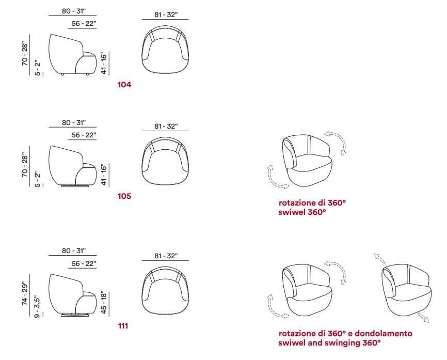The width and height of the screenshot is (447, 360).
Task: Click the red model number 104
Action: pyautogui.click(x=124, y=85)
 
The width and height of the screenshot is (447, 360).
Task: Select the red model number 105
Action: pyautogui.click(x=124, y=196)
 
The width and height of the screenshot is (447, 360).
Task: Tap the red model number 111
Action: pyautogui.click(x=123, y=326)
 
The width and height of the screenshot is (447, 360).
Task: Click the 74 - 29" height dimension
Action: pyautogui.click(x=25, y=294)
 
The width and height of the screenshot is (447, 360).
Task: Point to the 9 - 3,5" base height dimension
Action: pyautogui.click(x=37, y=307)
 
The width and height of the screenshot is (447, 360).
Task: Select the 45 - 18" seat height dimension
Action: pyautogui.click(x=104, y=302)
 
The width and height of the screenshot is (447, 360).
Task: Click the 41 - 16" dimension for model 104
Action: pyautogui.click(x=104, y=63)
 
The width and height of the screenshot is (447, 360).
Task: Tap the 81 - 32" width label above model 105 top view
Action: pyautogui.click(x=166, y=126)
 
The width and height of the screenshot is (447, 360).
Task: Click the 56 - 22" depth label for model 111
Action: pyautogui.click(x=84, y=263)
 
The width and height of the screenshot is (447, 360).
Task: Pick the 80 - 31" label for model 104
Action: pyautogui.click(x=74, y=11)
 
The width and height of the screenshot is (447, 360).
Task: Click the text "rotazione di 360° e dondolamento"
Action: pyautogui.click(x=345, y=333)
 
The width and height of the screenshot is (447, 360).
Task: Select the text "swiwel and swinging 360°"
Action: pyautogui.click(x=329, y=342)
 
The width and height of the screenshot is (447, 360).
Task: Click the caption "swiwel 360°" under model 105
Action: pyautogui.click(x=302, y=212)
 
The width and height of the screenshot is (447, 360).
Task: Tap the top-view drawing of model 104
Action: pyautogui.click(x=165, y=50)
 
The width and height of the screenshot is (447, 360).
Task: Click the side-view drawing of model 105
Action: pyautogui.click(x=73, y=166)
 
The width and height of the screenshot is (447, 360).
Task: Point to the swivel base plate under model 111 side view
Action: pyautogui.click(x=76, y=315)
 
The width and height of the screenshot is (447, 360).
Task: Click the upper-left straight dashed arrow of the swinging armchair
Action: pyautogui.click(x=380, y=258)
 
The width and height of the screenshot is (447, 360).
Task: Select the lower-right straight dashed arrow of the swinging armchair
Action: pyautogui.click(x=424, y=317)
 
